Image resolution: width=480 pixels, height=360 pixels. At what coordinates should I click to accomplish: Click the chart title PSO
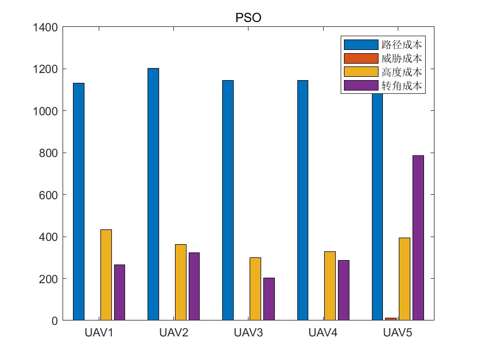248,18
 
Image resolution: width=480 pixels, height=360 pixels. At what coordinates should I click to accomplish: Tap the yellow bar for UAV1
106,275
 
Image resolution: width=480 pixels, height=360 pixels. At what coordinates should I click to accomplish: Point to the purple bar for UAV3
269,299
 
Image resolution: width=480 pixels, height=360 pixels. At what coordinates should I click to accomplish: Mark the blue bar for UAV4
302,200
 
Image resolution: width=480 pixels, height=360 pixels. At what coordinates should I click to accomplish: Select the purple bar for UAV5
418,238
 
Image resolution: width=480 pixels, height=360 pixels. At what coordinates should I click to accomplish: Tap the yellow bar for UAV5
404,279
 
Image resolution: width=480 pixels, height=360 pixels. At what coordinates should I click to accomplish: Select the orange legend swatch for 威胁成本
360,58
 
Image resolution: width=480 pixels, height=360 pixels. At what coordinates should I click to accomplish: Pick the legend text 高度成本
402,72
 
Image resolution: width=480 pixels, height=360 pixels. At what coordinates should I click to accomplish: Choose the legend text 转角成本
402,86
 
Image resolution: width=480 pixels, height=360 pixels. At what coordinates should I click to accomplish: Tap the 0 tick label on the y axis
54,320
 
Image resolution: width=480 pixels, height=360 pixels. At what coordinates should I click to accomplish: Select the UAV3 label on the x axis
249,333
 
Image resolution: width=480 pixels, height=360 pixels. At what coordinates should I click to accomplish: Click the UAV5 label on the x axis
398,333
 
